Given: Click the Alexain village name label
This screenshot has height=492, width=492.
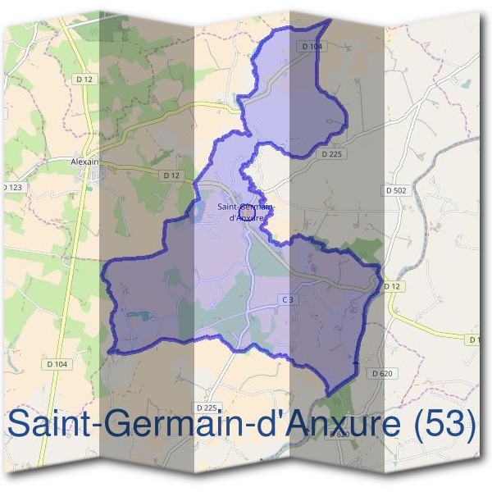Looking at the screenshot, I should tap(85, 162).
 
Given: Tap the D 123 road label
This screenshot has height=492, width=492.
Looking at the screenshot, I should tap(12, 188).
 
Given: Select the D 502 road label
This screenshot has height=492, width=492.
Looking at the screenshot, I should tap(395, 190).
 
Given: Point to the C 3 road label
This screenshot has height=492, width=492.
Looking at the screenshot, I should tap(287, 300).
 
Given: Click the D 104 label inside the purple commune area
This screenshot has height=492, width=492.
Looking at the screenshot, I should tap(312, 47).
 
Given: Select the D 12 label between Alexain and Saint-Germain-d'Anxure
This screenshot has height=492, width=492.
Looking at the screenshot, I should tap(171, 175).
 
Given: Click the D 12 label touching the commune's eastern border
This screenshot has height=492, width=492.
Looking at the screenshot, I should tap(392, 285).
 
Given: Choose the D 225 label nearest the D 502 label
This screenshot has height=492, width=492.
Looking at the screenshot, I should tap(331, 153).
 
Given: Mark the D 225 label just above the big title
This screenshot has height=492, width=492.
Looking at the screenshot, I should tap(207, 407).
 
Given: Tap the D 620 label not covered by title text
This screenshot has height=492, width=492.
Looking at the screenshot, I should tap(382, 373).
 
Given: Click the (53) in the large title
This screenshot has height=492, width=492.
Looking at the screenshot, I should tap(442, 424).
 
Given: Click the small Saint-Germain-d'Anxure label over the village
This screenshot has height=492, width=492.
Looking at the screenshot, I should tap(246, 212).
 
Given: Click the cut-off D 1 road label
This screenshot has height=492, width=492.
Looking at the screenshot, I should tap(474, 339).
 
